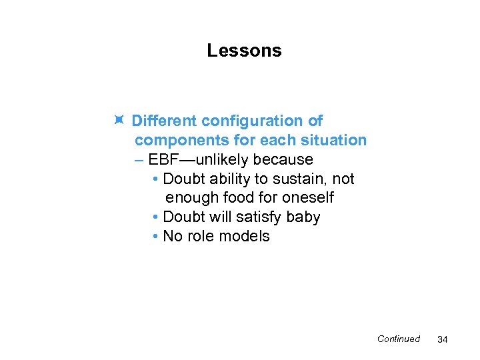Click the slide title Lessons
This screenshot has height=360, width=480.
[244, 51]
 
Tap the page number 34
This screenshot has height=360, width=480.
[441, 340]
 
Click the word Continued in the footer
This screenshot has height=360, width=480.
[398, 339]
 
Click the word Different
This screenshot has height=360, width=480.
[164, 121]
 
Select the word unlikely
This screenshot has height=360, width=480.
[223, 160]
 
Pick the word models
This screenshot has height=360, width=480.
[247, 237]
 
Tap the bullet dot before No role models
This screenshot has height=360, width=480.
[155, 237]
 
